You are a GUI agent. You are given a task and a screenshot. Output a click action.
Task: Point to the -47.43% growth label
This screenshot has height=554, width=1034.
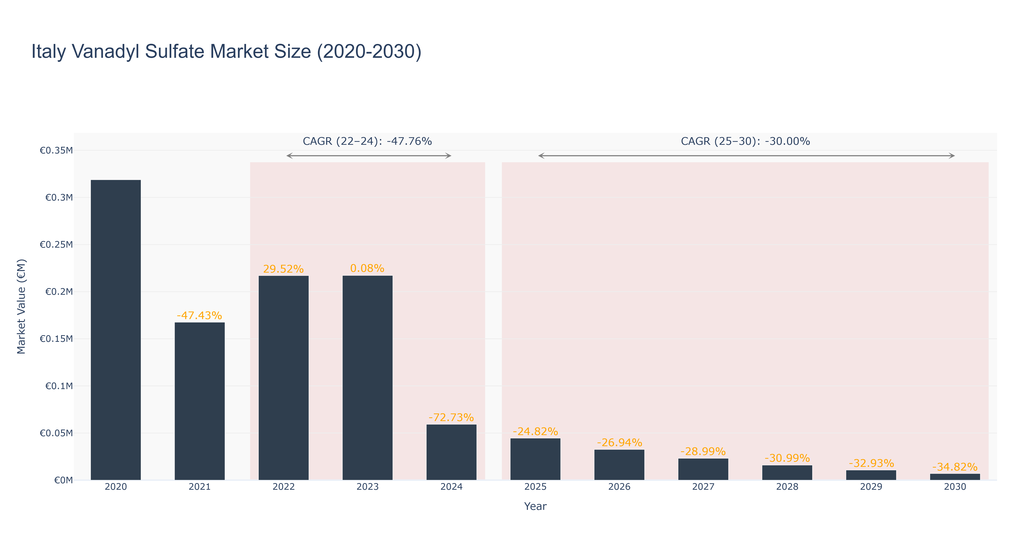click(199, 316)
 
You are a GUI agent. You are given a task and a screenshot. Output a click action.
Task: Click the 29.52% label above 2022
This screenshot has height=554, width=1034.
click(283, 269)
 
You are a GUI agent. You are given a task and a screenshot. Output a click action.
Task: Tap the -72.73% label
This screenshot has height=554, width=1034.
click(451, 418)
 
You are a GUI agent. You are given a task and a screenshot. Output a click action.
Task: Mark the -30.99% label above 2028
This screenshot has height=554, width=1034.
click(787, 458)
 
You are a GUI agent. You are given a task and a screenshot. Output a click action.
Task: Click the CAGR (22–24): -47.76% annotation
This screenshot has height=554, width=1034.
click(367, 141)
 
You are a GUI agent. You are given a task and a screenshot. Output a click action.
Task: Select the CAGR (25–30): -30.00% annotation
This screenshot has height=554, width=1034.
click(745, 141)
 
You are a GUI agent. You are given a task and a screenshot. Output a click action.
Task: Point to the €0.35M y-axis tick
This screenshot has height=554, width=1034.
click(56, 151)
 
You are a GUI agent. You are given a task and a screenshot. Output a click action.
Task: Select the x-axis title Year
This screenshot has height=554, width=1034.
click(535, 506)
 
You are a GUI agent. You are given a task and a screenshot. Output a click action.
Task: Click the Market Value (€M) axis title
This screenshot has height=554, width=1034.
click(21, 306)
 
